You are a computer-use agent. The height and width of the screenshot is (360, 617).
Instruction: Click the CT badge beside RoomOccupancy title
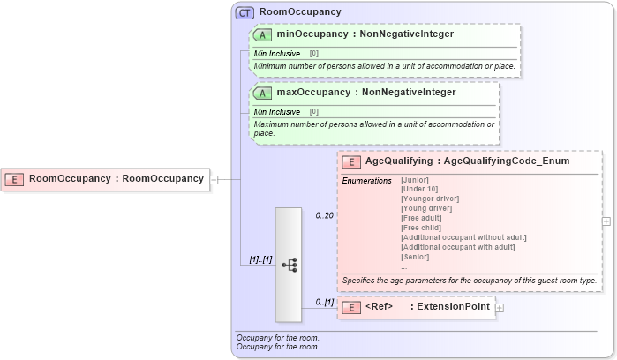[245, 12]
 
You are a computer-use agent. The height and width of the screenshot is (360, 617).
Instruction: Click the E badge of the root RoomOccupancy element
[14, 179]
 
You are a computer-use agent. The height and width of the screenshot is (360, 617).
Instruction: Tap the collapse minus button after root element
[214, 179]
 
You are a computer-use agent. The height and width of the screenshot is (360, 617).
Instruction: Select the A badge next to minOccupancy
[262, 34]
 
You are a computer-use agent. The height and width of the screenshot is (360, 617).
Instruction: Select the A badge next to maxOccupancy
[262, 92]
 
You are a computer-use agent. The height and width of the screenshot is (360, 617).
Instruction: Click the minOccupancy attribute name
[313, 34]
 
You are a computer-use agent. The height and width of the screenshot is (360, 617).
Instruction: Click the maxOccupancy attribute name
[314, 92]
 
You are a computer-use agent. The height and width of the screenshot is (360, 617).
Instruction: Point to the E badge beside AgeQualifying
[350, 161]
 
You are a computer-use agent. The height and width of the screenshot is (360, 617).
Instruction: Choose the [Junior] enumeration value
[415, 180]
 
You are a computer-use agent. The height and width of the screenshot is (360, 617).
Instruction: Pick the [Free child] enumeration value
[420, 228]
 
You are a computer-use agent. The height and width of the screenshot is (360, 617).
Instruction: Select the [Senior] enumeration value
[415, 257]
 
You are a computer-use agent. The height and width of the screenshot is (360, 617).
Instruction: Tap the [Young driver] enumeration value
[425, 208]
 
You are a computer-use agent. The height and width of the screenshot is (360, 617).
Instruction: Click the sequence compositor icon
[289, 264]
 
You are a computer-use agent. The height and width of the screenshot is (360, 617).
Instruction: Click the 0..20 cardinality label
[324, 215]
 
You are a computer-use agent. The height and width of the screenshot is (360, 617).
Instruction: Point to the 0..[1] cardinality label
[324, 302]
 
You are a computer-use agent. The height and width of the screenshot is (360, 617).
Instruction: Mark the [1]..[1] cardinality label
[260, 259]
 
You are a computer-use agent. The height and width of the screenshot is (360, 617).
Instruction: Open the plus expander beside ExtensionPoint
[500, 308]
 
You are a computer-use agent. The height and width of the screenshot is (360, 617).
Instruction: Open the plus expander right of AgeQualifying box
[606, 221]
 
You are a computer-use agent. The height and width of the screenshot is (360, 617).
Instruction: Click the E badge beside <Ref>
[350, 307]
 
